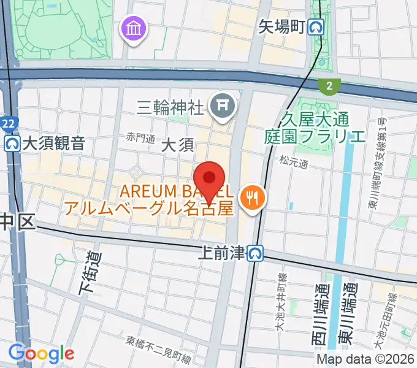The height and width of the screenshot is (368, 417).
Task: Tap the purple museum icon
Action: (133, 28)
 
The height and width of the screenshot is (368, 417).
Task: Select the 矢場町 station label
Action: (281, 27)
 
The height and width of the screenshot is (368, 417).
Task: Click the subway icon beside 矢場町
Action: (316, 27)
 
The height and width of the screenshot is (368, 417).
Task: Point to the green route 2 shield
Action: (329, 86)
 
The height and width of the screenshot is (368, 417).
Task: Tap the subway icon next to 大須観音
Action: (11, 144)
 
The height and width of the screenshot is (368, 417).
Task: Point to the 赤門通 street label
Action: (140, 138)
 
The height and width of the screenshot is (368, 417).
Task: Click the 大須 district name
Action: (178, 145)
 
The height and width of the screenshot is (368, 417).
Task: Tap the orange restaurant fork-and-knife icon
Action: (253, 197)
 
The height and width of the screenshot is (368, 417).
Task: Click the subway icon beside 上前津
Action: (256, 252)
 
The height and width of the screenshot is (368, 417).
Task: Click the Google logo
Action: (41, 353)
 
